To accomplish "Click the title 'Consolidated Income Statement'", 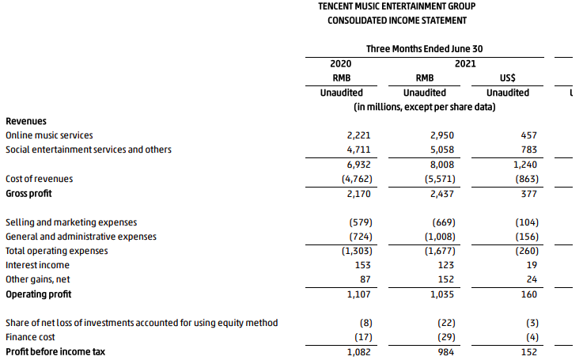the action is [397, 21].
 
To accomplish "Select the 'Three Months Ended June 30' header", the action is [424, 49].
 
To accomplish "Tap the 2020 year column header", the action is [341, 63].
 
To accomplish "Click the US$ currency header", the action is [508, 78].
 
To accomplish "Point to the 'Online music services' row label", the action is [49, 135].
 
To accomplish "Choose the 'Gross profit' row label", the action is [28, 193].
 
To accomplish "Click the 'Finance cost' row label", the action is [30, 337].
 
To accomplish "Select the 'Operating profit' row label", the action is [38, 294].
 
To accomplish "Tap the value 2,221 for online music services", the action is [359, 135].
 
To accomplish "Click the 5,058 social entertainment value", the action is [442, 150].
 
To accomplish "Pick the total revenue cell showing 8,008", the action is [442, 165].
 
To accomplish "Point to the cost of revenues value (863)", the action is [527, 179].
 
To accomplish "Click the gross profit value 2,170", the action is [359, 194].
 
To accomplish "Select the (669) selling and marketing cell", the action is [444, 222].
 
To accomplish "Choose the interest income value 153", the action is [363, 265].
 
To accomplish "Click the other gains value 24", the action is [532, 279].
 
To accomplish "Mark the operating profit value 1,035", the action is [442, 294].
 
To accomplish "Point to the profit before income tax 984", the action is [446, 352].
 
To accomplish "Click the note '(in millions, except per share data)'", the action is [424, 107].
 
